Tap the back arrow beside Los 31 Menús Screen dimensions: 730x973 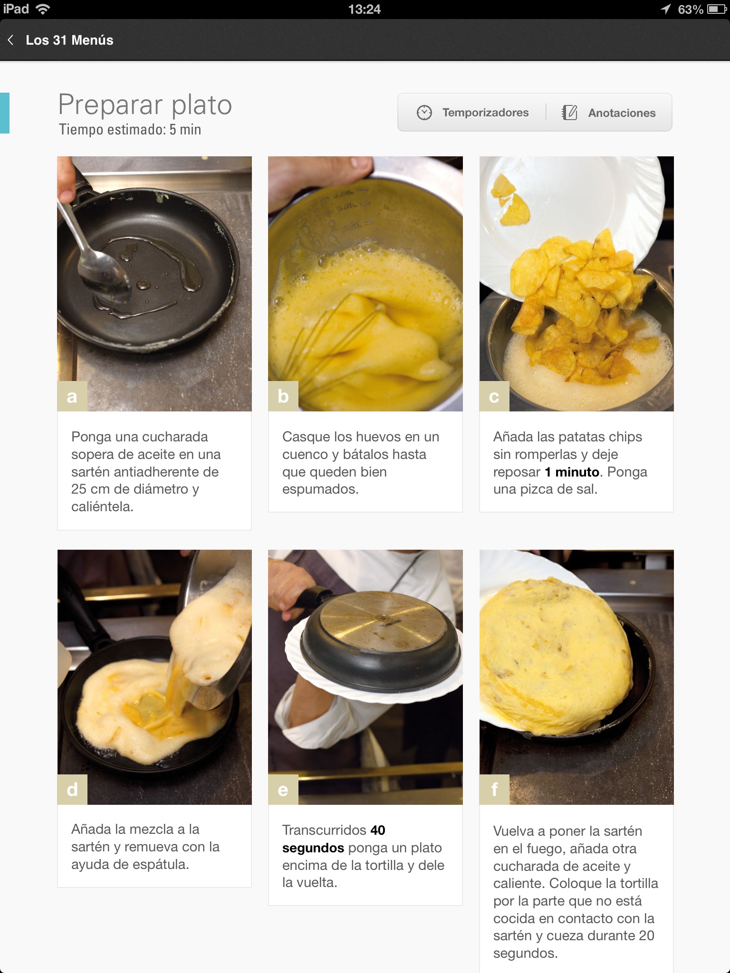click(x=10, y=40)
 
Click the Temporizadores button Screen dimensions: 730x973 click(x=472, y=113)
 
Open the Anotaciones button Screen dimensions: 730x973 click(x=609, y=113)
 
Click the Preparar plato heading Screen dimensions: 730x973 click(x=145, y=105)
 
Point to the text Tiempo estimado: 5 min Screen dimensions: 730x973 click(x=130, y=130)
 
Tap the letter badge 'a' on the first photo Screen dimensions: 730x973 click(x=72, y=396)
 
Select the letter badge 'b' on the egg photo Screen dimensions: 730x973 click(x=283, y=396)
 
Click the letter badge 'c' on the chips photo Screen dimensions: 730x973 click(x=494, y=396)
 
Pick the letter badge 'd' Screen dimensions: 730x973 click(x=72, y=790)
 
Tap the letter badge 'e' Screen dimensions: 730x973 click(x=283, y=790)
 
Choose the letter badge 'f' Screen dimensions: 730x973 click(x=494, y=790)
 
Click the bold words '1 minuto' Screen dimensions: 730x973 click(x=572, y=472)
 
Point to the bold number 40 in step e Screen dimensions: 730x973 click(x=378, y=830)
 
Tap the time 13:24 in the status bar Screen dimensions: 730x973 click(x=365, y=10)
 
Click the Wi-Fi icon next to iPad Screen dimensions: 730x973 click(x=43, y=9)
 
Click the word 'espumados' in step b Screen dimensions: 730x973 click(x=320, y=490)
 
